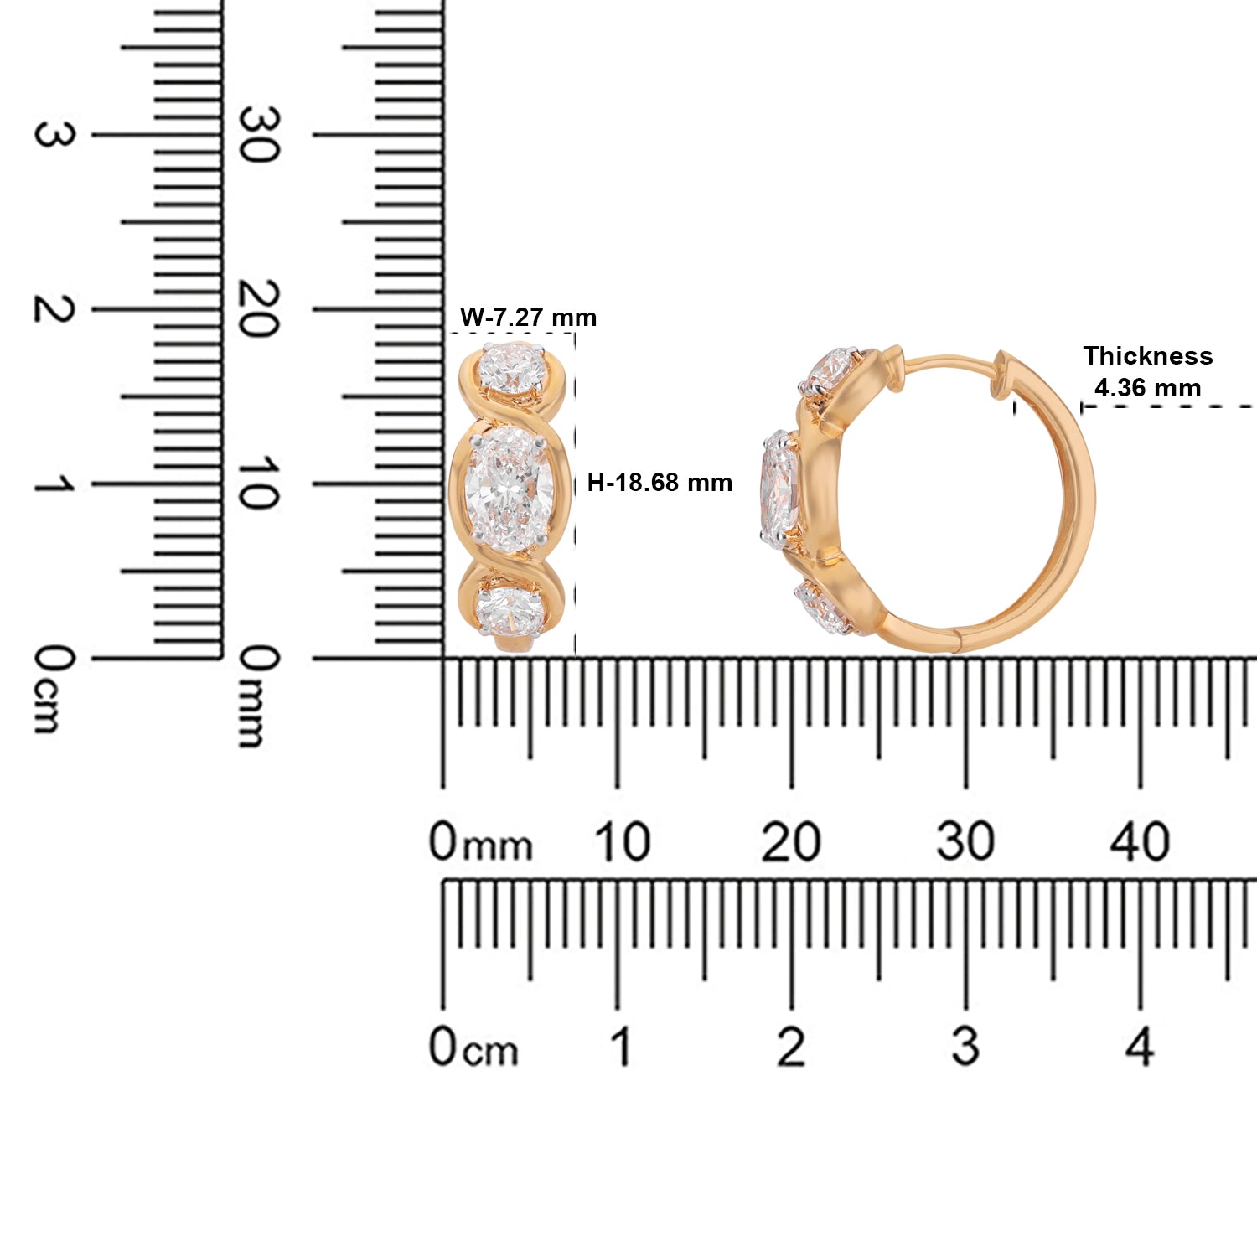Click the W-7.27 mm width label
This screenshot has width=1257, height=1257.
coord(528,318)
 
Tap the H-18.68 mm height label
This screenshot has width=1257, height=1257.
coord(660,483)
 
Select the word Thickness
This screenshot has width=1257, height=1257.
coord(1147,356)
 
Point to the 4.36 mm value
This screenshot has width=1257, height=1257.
coord(1147,388)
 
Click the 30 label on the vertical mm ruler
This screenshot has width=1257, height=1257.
coord(256,135)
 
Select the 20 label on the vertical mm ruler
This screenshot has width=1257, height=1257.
coord(256,309)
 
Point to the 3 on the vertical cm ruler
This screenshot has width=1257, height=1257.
coord(52,135)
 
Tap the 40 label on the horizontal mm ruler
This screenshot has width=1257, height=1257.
coord(1139,841)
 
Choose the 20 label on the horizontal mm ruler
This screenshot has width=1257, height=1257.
coord(790,841)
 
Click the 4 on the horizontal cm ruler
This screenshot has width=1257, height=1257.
coord(1139,1047)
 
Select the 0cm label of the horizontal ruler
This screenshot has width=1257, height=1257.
coord(473,1047)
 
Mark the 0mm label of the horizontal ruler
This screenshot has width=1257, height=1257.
coord(480,841)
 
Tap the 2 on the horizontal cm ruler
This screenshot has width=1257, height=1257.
coord(790,1047)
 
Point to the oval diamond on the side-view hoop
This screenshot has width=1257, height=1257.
coord(779,488)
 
